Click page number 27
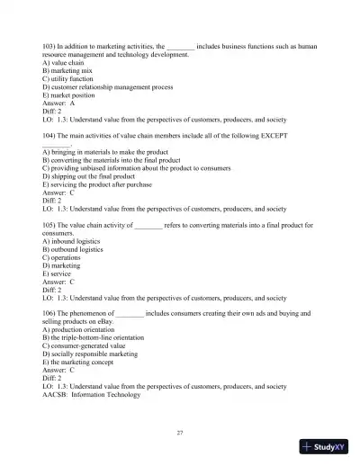coord(180,433)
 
